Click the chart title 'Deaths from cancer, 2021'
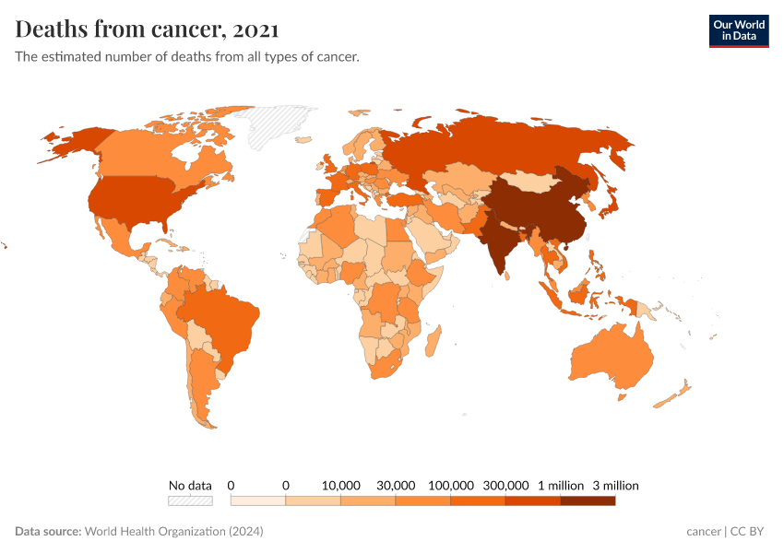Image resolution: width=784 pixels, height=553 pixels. tap(148, 29)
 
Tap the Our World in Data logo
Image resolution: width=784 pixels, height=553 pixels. tap(738, 30)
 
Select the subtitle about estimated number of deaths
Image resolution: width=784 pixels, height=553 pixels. tap(187, 57)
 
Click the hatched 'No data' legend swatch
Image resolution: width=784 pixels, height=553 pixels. tap(190, 500)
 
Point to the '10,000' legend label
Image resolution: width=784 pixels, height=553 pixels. tap(340, 485)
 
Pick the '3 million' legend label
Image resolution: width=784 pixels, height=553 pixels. tap(615, 485)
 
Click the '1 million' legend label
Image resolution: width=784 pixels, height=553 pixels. tap(561, 485)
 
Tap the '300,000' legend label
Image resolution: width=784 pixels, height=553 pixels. tap(506, 485)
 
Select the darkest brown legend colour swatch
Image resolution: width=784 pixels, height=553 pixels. tap(588, 500)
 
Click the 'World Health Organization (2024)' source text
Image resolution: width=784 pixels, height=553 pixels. tap(173, 532)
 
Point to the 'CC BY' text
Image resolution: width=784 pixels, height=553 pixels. tap(749, 532)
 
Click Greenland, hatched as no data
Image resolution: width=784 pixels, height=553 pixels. tap(281, 124)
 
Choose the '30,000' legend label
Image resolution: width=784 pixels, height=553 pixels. tap(396, 485)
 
